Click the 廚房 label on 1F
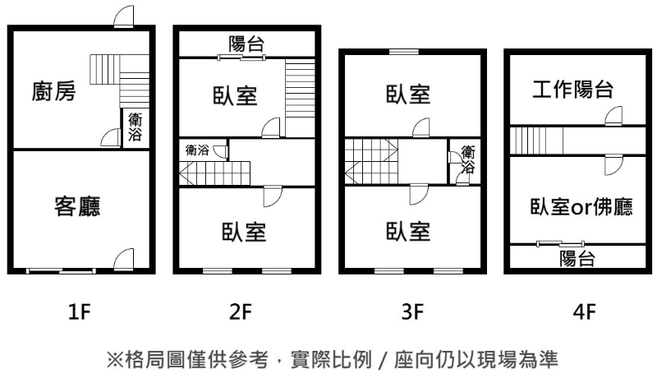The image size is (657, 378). point(54,91)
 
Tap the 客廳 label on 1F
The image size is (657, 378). point(78,205)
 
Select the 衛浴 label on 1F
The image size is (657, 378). point(135,129)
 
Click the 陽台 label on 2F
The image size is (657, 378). point(246,44)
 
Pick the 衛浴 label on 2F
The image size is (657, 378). point(197,150)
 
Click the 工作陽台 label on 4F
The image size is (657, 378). point(573,90)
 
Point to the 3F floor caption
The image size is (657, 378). point(412,312)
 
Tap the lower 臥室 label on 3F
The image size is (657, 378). point(408,232)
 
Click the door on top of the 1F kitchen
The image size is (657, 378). point(123,17)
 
